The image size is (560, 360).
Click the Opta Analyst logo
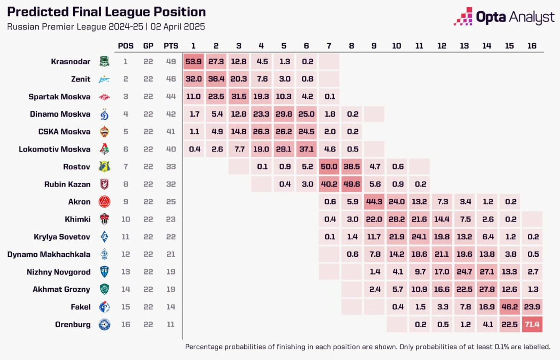point(504,17)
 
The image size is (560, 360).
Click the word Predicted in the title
point(31,12)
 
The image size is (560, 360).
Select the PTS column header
point(171,46)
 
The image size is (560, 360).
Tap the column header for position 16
point(532,46)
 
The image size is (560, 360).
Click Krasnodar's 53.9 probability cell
point(193,61)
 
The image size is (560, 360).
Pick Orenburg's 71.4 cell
point(532,324)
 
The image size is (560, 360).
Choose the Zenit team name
point(81,79)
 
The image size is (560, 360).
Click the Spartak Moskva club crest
point(104,97)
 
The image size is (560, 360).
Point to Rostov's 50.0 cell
point(329,167)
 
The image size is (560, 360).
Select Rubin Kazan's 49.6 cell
point(351,184)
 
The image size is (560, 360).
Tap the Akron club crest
point(104,201)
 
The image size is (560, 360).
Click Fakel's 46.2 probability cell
point(509,307)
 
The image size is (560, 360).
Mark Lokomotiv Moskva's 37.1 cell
point(306,149)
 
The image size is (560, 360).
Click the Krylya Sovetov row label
point(62,237)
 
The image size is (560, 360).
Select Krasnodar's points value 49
point(171,61)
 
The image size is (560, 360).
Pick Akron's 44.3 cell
point(374,201)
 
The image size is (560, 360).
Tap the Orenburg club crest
point(104,324)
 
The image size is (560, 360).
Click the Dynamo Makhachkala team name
point(49,254)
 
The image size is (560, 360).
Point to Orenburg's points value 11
point(171,324)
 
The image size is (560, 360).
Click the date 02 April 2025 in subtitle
point(178,27)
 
